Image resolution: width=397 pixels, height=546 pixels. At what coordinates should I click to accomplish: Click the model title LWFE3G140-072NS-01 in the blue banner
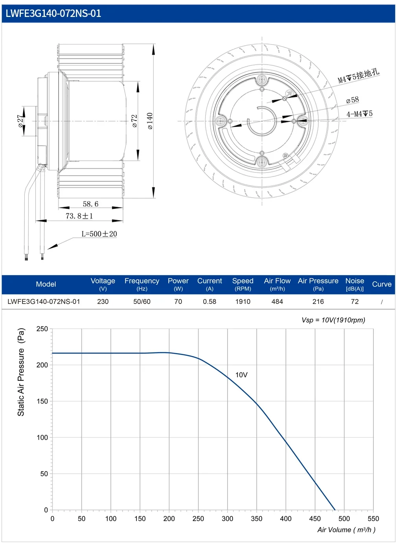pyautogui.click(x=53, y=13)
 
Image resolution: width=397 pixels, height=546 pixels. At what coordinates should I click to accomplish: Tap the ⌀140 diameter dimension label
pyautogui.click(x=150, y=121)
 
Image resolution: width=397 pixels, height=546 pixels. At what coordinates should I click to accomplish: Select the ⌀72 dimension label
pyautogui.click(x=134, y=121)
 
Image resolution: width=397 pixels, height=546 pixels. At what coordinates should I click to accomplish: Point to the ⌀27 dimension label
pyautogui.click(x=21, y=121)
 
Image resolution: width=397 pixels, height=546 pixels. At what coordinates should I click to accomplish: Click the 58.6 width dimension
pyautogui.click(x=90, y=204)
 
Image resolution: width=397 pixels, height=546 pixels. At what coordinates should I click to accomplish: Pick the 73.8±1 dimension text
pyautogui.click(x=79, y=216)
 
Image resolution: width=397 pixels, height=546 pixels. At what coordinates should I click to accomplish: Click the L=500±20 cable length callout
pyautogui.click(x=99, y=234)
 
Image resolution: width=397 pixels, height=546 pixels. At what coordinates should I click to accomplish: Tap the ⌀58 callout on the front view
pyautogui.click(x=353, y=100)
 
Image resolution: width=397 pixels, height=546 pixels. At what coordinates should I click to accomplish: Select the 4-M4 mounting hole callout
pyautogui.click(x=360, y=114)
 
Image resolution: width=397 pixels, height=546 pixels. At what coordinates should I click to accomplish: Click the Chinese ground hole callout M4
pyautogui.click(x=358, y=76)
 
